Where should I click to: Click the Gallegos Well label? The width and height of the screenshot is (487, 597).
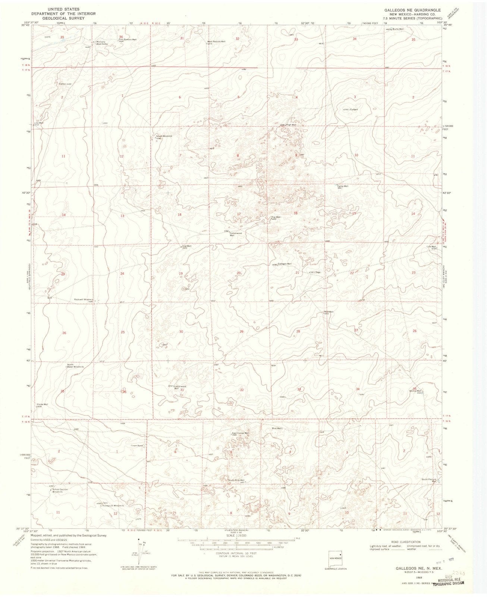point(285,264)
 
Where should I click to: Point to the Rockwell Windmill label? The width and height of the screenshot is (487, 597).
point(83,300)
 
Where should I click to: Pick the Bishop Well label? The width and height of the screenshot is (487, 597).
point(415,391)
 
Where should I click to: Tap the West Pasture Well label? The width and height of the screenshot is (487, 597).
point(216,41)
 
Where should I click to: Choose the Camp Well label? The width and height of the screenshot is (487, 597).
point(343,186)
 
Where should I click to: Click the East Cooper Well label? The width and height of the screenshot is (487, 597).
point(240,433)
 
